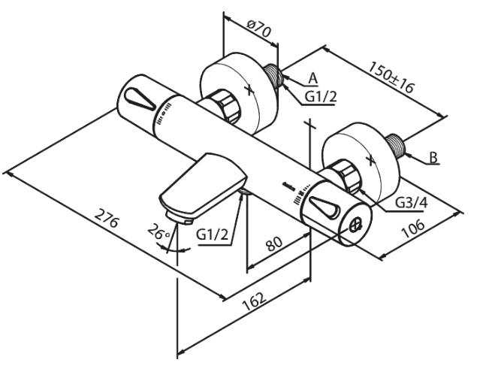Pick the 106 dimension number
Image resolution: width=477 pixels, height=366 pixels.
click(x=412, y=228)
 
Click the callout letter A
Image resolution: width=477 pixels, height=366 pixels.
click(x=313, y=78)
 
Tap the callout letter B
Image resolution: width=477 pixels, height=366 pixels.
click(x=433, y=158)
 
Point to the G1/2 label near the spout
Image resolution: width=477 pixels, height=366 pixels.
click(x=213, y=234)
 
